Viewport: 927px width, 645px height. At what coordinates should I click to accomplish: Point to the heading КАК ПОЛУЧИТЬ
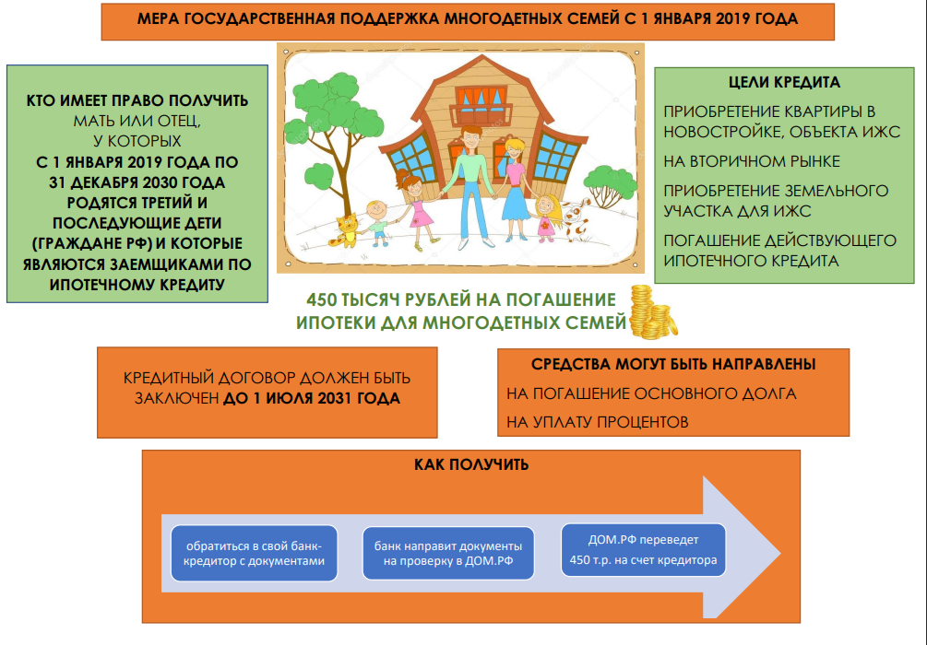coord(470,464)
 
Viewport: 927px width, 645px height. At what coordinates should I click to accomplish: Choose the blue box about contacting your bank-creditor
coord(255,552)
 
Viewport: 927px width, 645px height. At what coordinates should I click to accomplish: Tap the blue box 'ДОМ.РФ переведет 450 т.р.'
coord(643,550)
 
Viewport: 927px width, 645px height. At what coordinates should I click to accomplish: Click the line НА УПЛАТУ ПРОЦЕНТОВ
coord(597,421)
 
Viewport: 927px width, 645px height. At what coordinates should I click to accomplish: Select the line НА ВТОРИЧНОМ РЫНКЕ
coord(752,161)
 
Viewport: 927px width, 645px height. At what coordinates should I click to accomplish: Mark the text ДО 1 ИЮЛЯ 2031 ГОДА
coord(312,399)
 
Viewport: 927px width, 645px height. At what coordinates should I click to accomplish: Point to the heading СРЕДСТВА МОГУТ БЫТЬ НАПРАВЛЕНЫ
coord(673,364)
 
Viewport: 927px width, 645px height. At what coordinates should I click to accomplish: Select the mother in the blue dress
coord(514,184)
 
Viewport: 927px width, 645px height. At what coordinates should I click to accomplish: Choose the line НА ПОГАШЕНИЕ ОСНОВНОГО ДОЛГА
coord(651,393)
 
